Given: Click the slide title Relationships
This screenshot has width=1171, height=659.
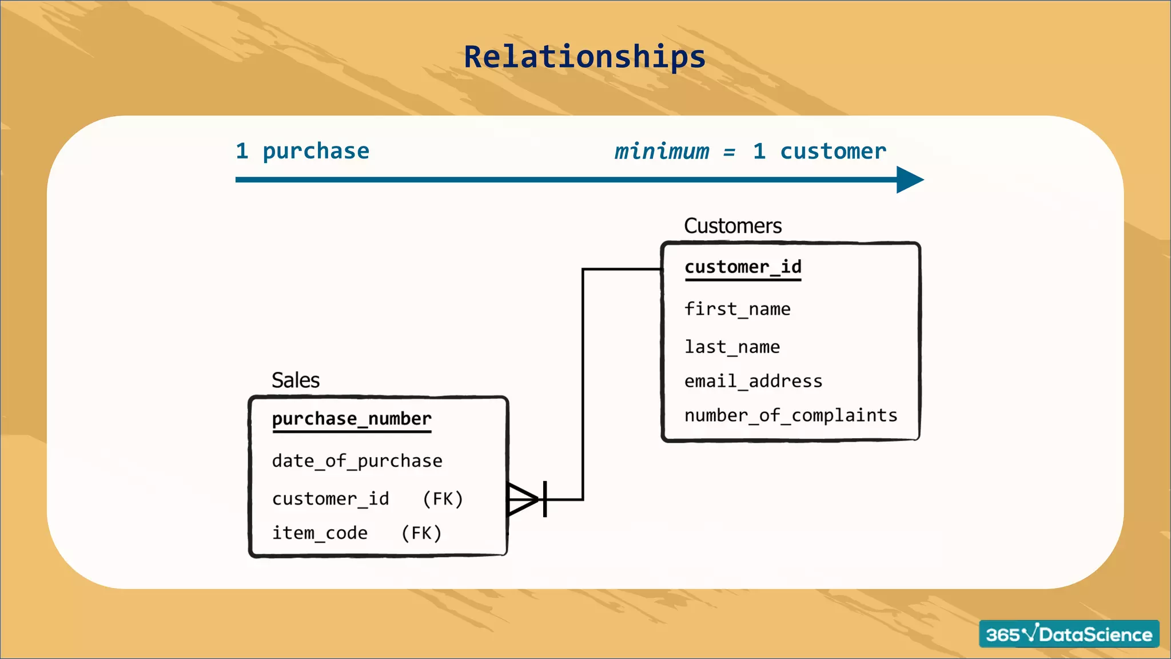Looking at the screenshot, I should (584, 57).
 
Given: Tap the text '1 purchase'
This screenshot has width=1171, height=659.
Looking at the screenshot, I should (302, 152).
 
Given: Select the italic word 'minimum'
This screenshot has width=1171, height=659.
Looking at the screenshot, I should (662, 152).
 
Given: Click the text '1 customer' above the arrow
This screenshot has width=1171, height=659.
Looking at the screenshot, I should (819, 152).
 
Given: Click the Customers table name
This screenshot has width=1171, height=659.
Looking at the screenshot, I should (732, 226).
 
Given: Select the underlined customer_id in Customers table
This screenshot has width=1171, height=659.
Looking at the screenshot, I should (743, 267).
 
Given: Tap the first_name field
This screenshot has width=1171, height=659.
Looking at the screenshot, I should (737, 309).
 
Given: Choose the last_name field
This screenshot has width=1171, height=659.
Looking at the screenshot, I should (732, 347).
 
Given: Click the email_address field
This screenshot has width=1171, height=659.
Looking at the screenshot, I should (753, 382).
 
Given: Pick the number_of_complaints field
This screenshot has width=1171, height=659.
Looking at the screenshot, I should (791, 415).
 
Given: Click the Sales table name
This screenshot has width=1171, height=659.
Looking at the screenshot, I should (295, 380).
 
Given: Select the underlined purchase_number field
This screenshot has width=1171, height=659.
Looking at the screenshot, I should (352, 419).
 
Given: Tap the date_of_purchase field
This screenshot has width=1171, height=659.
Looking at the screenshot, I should (357, 461).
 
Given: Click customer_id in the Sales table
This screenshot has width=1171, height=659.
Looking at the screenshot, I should (330, 499).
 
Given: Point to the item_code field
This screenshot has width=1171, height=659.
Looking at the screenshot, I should (320, 533).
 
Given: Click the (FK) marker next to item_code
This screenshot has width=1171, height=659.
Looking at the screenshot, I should (421, 533).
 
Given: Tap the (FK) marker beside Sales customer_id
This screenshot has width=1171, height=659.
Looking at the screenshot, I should (443, 499).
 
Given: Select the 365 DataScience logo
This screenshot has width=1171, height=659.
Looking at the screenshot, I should (1069, 634).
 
